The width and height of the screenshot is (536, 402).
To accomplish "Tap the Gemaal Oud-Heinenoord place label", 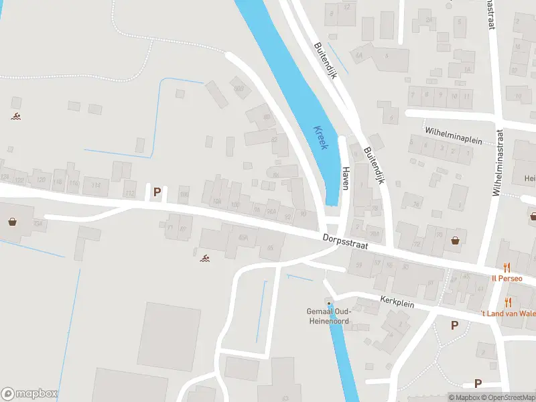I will pos(328,316).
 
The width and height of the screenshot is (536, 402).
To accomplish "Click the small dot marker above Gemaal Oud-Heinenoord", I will pos(328,304).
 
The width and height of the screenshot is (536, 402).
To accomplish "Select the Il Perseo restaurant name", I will pos(507,278).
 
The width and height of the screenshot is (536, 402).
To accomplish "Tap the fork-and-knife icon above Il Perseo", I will pos(507,267).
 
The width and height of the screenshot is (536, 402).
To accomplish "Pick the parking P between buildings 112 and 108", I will pos(157,192).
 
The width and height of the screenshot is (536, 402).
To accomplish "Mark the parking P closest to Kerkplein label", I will pos(454,326).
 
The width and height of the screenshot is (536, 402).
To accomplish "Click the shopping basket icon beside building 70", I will pos(456,240).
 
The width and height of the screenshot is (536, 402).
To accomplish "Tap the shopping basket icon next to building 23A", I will pos(12,221).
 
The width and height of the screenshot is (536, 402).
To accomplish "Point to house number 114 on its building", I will pos(96,186).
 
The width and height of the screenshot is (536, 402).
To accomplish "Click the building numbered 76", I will pos(416,205).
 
